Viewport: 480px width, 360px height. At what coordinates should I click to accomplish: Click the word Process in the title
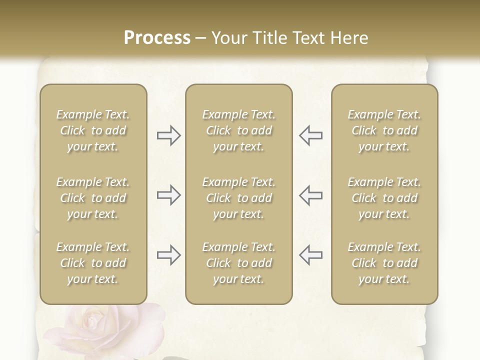point(157,38)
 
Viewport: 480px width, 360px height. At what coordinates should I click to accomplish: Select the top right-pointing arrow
point(168,135)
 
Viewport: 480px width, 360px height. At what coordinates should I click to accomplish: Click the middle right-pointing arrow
point(168,195)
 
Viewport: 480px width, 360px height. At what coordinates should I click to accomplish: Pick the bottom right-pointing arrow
point(168,255)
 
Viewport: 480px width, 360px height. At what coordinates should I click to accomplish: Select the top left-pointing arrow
point(310,135)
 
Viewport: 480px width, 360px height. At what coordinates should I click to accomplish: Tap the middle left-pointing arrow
point(310,195)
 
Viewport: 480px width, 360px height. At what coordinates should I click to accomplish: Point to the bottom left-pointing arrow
point(310,255)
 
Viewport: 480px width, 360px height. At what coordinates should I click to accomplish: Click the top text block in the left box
point(93,130)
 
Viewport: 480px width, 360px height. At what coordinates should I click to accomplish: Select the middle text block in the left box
point(93,198)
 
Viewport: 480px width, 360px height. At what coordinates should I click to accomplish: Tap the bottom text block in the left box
point(93,263)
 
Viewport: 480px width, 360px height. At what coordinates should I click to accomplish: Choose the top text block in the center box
point(238,130)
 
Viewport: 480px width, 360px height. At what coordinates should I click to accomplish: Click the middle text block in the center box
point(238,198)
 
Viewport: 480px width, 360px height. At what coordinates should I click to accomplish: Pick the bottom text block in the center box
point(238,263)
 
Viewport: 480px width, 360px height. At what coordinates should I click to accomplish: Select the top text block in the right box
point(384,130)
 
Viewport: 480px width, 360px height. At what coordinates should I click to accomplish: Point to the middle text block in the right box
point(384,198)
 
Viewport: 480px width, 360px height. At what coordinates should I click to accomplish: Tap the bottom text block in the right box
point(384,263)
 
